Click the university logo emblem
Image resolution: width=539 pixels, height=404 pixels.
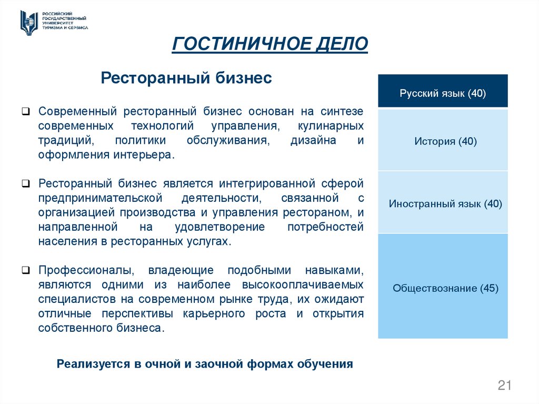[x=29, y=22]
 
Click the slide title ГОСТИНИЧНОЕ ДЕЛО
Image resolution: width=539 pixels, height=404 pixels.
[x=269, y=44]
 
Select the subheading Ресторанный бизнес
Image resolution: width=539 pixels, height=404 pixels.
[x=186, y=78]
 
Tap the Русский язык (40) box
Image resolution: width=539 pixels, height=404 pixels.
[x=443, y=93]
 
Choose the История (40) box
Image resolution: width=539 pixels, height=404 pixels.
[x=443, y=141]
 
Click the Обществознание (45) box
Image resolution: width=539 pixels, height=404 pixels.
[x=443, y=288]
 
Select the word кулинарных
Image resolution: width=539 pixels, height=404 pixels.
[x=331, y=126]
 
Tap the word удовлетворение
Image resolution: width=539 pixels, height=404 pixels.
[x=221, y=227]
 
